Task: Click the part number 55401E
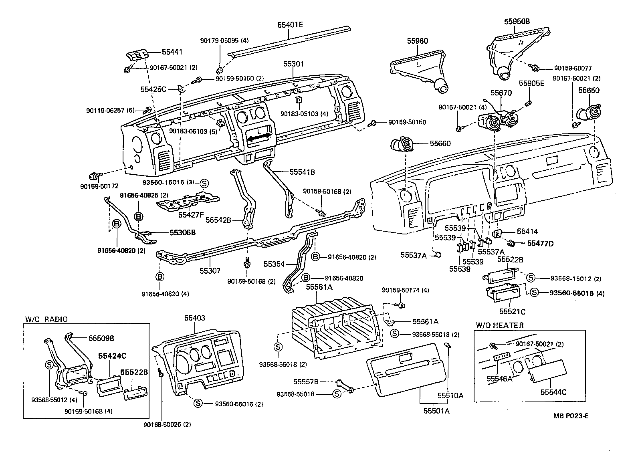[x=290, y=25]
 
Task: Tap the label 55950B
[x=517, y=22]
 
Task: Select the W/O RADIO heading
[x=46, y=319]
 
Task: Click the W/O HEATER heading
[x=499, y=325]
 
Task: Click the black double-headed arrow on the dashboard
[x=258, y=137]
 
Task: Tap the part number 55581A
[x=317, y=287]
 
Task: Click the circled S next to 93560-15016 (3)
[x=204, y=183]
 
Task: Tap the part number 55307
[x=210, y=271]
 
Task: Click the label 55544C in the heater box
[x=553, y=392]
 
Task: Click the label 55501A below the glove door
[x=436, y=411]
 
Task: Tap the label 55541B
[x=302, y=172]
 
